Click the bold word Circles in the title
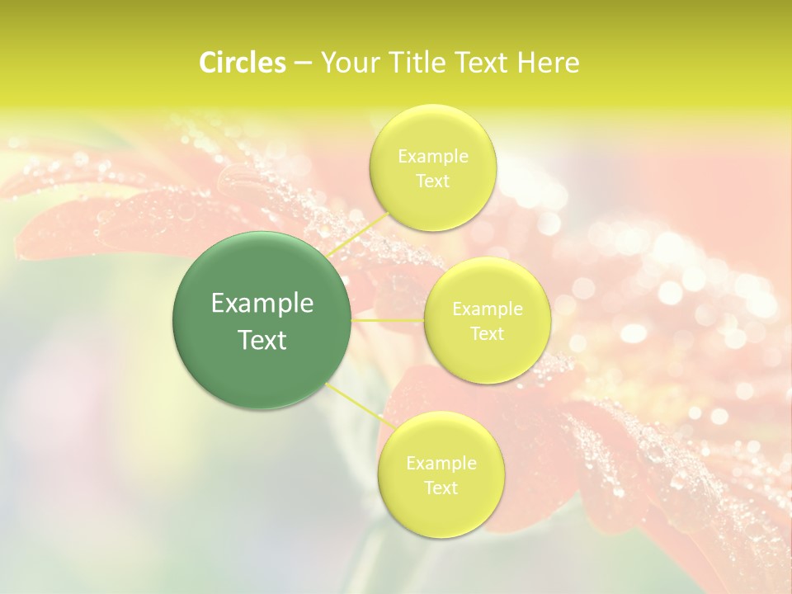[243, 63]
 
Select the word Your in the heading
[346, 63]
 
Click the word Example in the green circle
[262, 304]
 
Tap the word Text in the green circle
[262, 340]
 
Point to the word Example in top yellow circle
[433, 156]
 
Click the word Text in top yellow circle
[433, 181]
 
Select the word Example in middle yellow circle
[488, 309]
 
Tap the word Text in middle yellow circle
[488, 333]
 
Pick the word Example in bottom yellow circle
[441, 463]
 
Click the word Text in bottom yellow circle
[441, 488]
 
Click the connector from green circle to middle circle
[388, 319]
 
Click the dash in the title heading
[303, 63]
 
